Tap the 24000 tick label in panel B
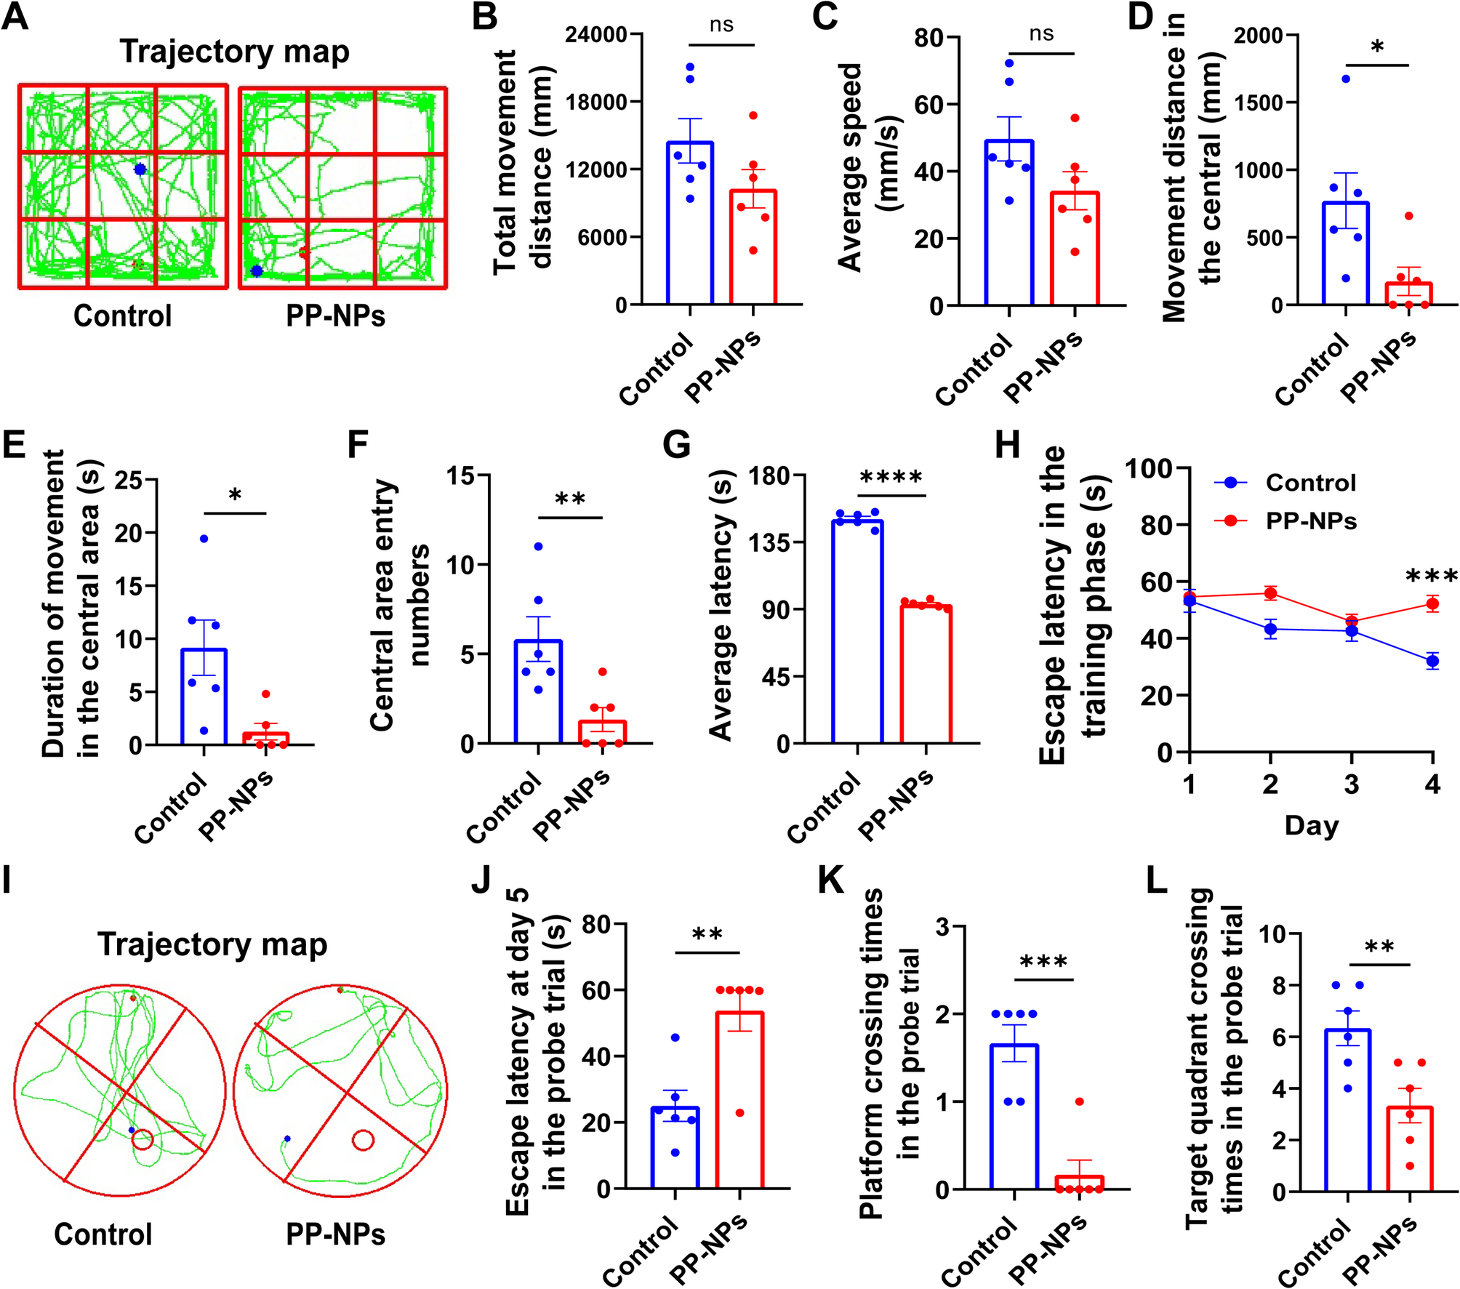pos(595,35)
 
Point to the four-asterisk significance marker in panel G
pos(891,478)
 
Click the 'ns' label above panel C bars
pos(1041,34)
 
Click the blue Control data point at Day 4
pos(1432,661)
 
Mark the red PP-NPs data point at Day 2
pos(1270,593)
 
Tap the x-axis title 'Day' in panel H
pos(1311,825)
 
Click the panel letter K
pos(831,880)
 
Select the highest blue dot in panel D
pos(1345,79)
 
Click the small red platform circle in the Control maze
pos(143,1139)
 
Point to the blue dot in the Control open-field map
pos(140,169)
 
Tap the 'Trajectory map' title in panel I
pos(212,944)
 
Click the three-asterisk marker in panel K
pos(1043,963)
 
